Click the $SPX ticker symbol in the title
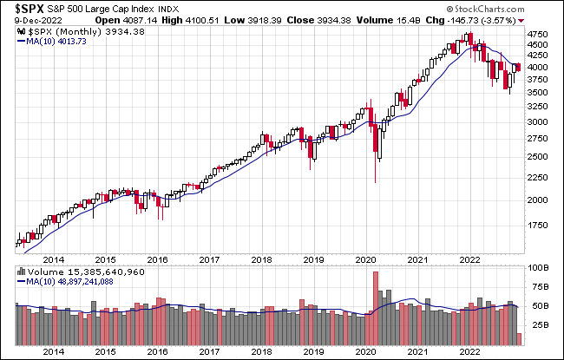28,9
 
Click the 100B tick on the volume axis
539,268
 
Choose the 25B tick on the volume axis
539,325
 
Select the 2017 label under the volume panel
208,353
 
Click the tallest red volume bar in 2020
376,309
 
